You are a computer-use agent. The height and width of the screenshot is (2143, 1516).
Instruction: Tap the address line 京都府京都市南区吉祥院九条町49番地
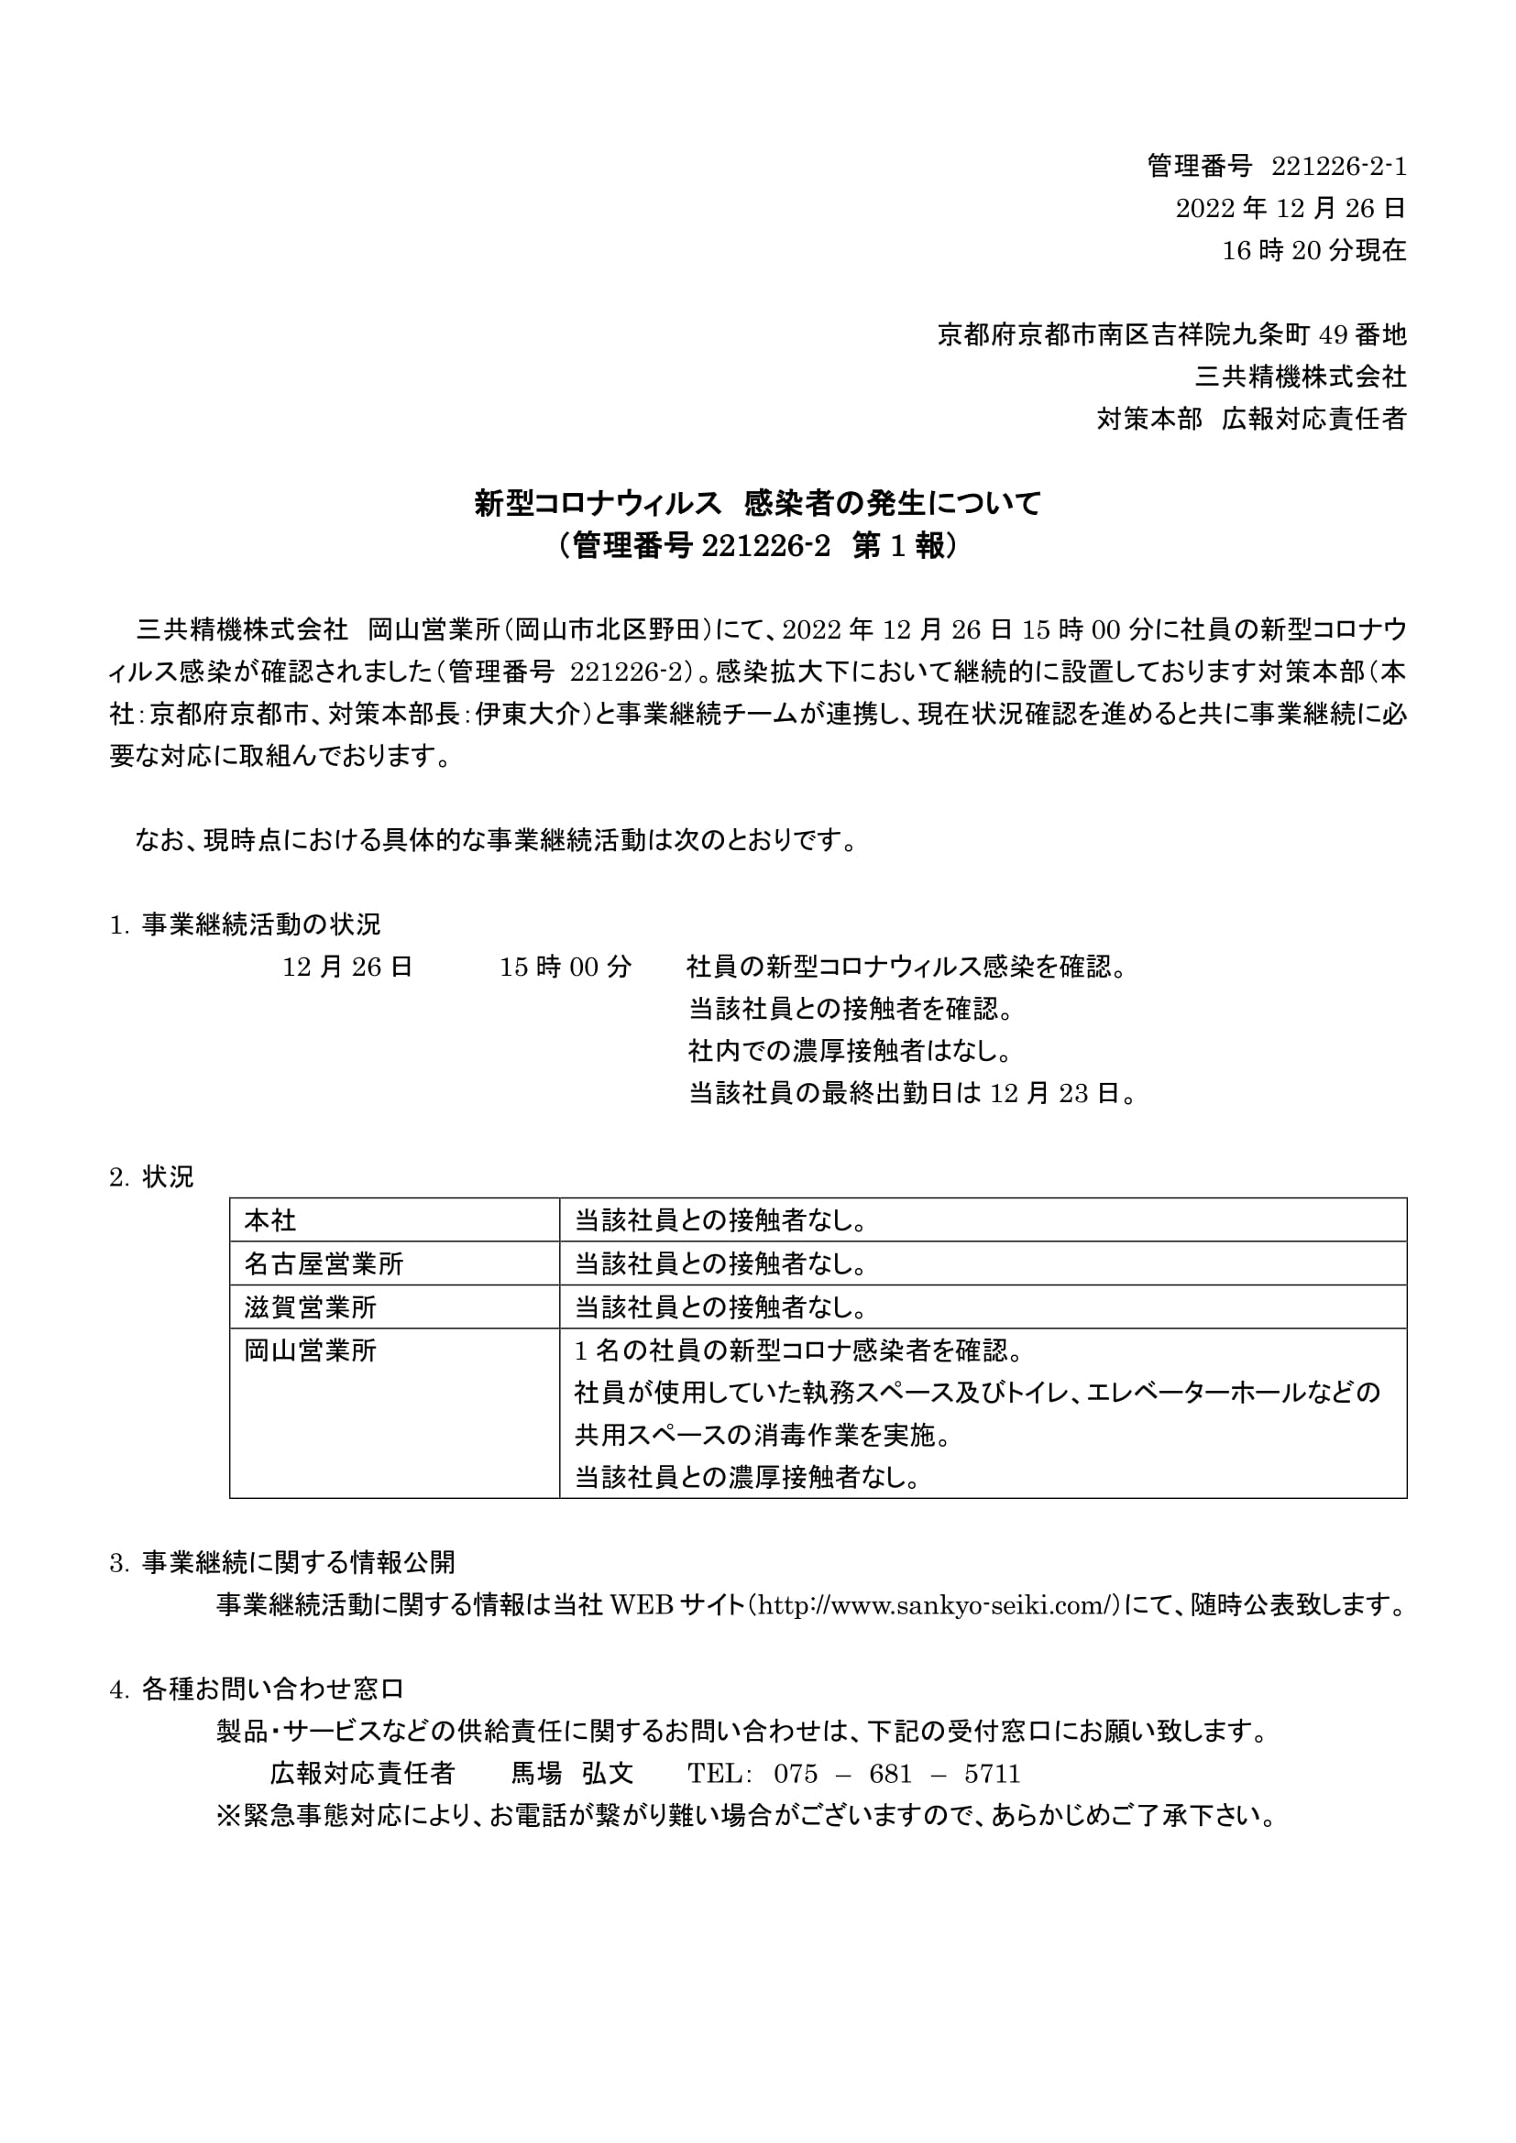(x=1171, y=335)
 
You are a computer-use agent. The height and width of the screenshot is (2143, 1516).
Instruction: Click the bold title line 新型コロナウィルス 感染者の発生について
(x=757, y=504)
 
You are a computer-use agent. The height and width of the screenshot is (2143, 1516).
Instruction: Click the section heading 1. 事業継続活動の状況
(x=246, y=925)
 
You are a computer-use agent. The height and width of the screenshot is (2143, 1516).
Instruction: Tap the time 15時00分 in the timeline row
(x=565, y=967)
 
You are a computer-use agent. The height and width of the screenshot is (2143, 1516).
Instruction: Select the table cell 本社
(x=270, y=1219)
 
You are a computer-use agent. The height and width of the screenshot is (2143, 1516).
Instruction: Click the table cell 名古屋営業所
(x=324, y=1263)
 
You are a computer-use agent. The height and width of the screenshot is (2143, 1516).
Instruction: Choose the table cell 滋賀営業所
(x=311, y=1307)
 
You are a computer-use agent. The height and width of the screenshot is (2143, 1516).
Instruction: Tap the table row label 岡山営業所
(x=311, y=1350)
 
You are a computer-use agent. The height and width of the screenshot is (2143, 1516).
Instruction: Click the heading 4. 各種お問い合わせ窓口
(x=257, y=1689)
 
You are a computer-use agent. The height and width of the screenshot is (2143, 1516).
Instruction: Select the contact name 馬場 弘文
(x=572, y=1774)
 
